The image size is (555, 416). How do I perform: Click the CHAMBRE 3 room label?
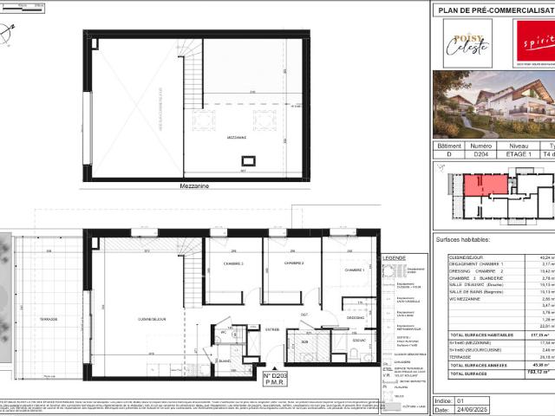pyautogui.click(x=232, y=263)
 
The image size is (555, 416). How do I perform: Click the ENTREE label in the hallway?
pyautogui.click(x=272, y=328)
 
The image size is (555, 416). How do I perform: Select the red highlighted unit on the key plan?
pyautogui.click(x=485, y=185)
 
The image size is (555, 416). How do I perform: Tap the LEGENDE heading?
pyautogui.click(x=393, y=257)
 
